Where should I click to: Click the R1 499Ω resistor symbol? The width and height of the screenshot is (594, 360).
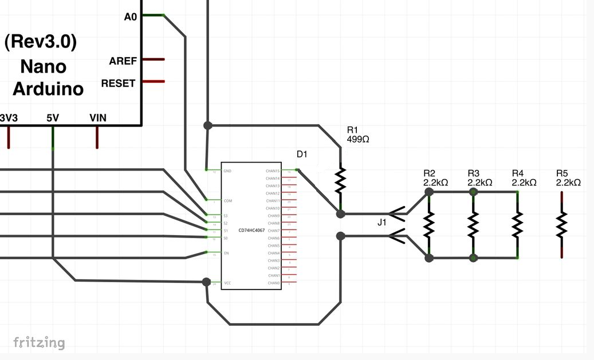[341, 179]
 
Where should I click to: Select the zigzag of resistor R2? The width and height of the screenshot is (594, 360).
[429, 226]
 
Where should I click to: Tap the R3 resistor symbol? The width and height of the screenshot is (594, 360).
[473, 226]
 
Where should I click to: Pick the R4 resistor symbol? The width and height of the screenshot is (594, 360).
[517, 226]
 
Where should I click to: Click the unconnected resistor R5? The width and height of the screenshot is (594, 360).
[562, 226]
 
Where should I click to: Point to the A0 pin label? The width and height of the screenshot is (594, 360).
[131, 17]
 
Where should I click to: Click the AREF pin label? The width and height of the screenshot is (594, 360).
[122, 61]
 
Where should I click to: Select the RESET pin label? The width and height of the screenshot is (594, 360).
[118, 83]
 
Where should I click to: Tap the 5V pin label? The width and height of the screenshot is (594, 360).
[53, 118]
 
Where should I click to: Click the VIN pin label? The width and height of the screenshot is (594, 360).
[97, 118]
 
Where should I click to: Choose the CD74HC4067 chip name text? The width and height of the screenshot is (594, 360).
[251, 230]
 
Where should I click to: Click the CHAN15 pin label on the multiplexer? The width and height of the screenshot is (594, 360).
[273, 171]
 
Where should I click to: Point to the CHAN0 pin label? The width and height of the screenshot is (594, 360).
[274, 283]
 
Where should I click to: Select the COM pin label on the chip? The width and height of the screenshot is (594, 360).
[228, 201]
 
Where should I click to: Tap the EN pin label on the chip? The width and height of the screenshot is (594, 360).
[226, 253]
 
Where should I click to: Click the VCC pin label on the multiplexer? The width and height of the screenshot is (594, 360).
[227, 283]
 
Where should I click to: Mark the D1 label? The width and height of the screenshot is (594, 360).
[302, 155]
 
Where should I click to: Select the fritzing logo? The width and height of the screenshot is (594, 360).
[39, 343]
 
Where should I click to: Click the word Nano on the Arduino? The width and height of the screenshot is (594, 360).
[44, 66]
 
